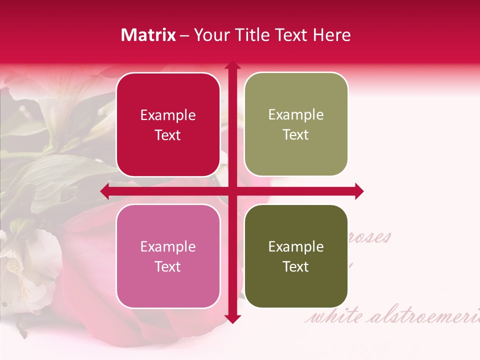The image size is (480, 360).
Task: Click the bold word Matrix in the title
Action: [x=148, y=35]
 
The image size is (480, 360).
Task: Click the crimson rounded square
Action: [x=168, y=124]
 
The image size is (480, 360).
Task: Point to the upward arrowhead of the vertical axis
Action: [x=232, y=64]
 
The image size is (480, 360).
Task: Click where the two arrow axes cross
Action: [x=232, y=191]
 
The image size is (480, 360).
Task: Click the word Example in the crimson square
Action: [x=168, y=115]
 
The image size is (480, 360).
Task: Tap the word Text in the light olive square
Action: [x=296, y=135]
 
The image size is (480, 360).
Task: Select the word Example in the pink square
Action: [x=168, y=247]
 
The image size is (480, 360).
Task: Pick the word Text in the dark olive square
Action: [x=296, y=267]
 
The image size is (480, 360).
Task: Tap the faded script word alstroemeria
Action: [x=425, y=316]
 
